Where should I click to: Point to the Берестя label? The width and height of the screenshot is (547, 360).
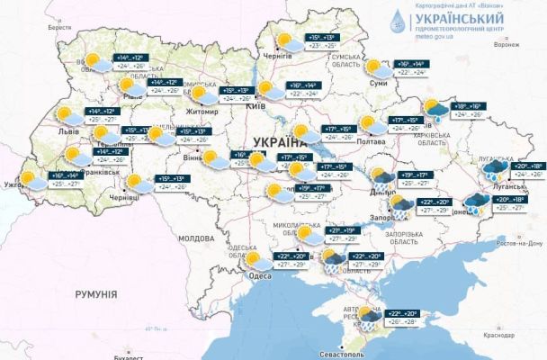pos(59,28)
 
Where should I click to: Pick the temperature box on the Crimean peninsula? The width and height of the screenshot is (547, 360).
pos(399,317)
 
